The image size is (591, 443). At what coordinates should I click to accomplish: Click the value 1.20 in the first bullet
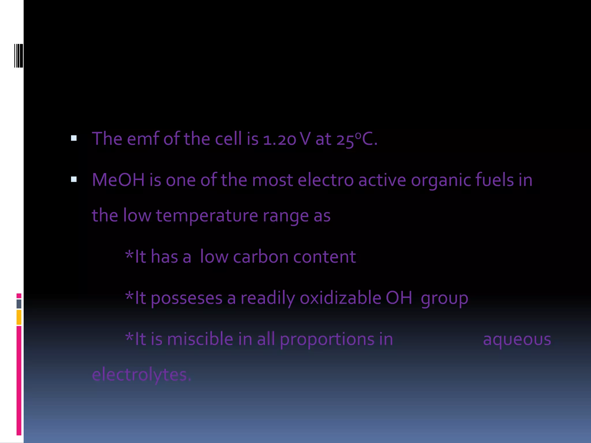point(279,139)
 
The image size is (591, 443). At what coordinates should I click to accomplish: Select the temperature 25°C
point(356,139)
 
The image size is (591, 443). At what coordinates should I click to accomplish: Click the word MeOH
point(118,180)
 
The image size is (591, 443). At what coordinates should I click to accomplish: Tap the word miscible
point(200,339)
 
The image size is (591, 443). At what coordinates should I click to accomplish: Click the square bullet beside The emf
point(74,138)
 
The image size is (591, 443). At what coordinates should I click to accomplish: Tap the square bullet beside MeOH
point(74,179)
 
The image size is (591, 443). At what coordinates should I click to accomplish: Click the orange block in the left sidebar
point(19,317)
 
